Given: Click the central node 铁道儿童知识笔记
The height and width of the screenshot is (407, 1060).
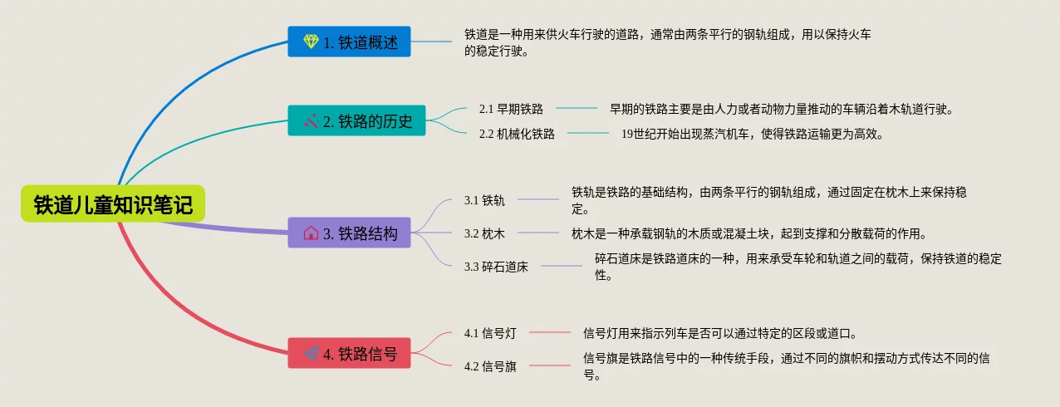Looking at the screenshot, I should coord(112,203).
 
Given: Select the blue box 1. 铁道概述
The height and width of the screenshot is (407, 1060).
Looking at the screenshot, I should coord(350,42).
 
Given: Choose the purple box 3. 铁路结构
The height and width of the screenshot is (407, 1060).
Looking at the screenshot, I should coord(350,233).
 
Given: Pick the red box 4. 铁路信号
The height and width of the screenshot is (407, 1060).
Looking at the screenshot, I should coord(350,353).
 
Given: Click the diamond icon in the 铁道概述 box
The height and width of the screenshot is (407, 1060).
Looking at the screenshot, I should coord(311,42).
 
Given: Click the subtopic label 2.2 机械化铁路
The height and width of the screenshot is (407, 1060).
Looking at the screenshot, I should coord(517,133).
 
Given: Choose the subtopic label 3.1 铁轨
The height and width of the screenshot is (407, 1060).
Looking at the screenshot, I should coord(484,200).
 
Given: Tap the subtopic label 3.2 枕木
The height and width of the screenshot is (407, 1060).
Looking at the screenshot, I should coord(484,233).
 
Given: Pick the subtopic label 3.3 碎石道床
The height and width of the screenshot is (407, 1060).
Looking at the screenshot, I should coord(496,267).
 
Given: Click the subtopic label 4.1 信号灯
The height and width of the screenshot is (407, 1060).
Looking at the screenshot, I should coord(490,333).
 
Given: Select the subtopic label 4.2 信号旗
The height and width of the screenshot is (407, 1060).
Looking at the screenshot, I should coord(490,366).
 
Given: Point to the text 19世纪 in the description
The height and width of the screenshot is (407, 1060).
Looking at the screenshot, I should coord(639,133).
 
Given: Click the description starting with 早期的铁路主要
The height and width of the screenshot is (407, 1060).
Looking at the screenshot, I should coord(781,109).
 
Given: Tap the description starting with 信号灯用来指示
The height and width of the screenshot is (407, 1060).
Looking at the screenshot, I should coord(719,333).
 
